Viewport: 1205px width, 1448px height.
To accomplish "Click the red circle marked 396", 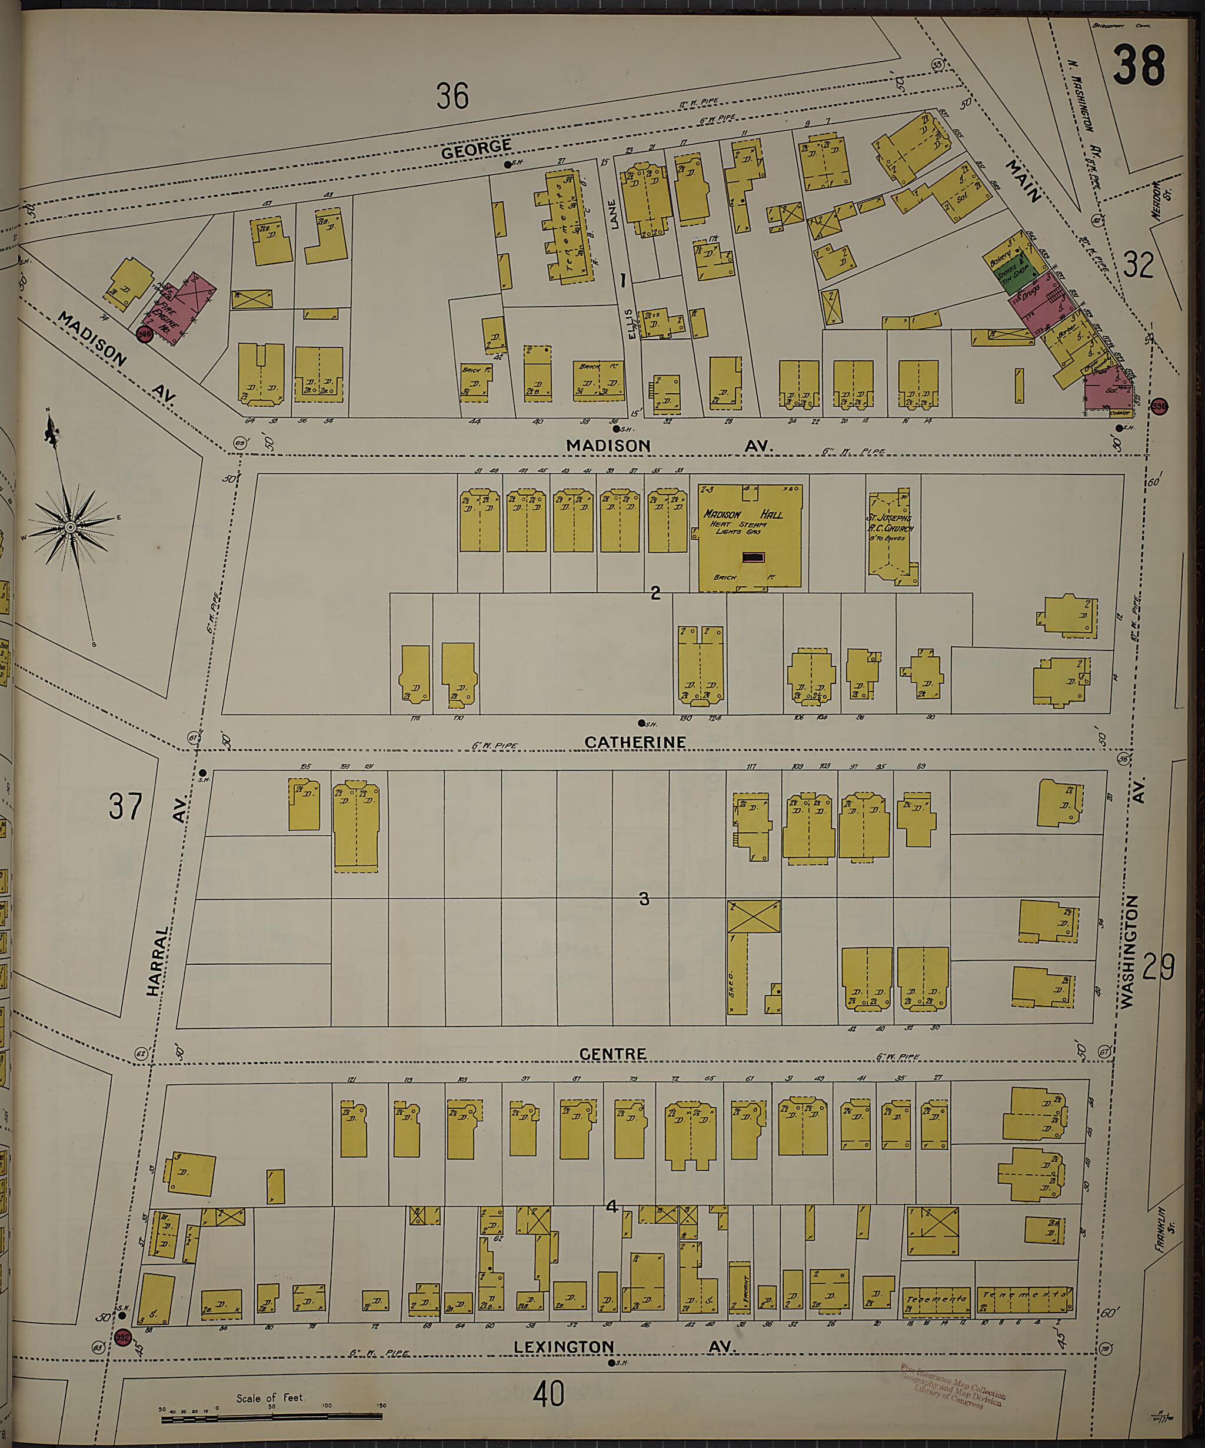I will (x=1160, y=406).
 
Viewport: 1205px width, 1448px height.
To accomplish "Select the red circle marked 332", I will (x=123, y=1337).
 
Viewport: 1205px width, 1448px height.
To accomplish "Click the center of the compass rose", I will (x=69, y=527).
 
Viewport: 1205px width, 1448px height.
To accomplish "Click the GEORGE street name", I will (x=477, y=148).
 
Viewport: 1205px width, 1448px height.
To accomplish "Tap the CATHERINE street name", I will (x=635, y=742).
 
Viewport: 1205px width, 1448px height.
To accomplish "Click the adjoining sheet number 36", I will (x=452, y=96).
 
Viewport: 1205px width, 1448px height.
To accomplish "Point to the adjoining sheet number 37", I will (x=125, y=805).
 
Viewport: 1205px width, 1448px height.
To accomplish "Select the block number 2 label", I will (x=655, y=592).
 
